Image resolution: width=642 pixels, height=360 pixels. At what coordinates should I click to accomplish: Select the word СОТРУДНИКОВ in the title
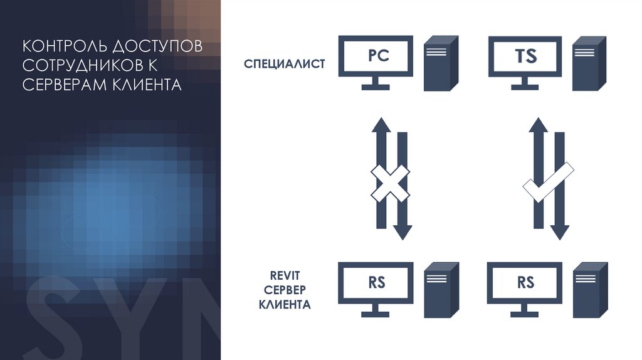[82, 66]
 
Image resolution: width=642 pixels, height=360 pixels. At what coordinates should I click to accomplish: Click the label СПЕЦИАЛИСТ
[284, 63]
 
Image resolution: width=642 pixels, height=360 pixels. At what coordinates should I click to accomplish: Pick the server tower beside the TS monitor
[589, 63]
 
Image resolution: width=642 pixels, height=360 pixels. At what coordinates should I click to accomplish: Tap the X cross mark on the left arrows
[390, 183]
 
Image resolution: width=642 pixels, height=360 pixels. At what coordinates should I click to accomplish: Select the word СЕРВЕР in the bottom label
[285, 291]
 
